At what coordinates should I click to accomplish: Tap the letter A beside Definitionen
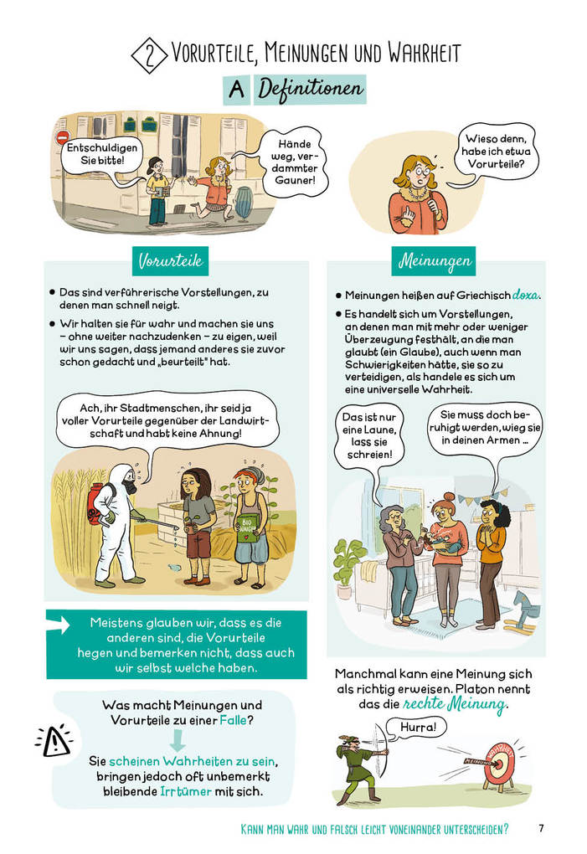[237, 89]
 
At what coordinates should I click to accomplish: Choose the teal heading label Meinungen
[435, 262]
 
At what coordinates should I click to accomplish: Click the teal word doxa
[526, 295]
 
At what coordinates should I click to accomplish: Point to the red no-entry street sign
[62, 136]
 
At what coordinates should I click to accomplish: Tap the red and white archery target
[501, 762]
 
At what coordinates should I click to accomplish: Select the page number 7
[541, 828]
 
